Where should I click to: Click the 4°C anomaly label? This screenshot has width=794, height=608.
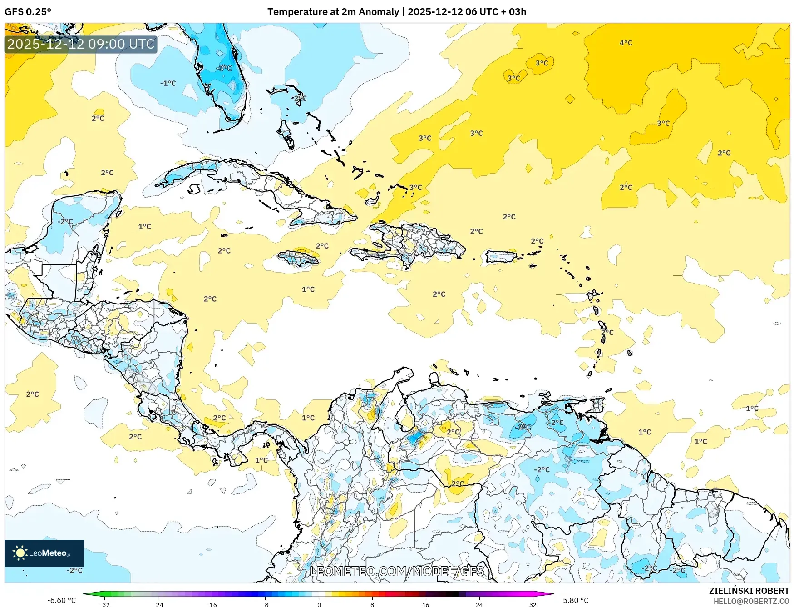coord(626,43)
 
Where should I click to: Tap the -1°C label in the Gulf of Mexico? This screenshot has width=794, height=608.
coord(168,83)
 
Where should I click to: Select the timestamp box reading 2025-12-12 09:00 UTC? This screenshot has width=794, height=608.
coord(81,44)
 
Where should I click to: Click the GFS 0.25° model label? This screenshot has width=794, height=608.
coord(28,12)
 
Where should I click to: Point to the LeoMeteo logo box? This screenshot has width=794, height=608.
coord(44,553)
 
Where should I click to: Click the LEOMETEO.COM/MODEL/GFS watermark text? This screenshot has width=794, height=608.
coord(397,571)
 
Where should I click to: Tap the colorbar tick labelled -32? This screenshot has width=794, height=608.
coord(104,604)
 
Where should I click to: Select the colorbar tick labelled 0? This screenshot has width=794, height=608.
coord(319,604)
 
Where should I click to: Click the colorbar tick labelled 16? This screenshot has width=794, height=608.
coord(425,604)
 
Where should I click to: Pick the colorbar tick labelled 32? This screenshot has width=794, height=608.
coord(533,604)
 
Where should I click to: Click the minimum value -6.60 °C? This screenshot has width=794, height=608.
coord(62,600)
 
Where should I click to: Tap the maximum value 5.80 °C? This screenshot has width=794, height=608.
coord(575,600)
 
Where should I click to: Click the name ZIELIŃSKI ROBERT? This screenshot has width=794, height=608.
coord(749,591)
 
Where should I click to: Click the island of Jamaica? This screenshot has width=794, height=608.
coord(298,259)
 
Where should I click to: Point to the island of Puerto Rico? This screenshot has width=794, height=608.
coord(500,257)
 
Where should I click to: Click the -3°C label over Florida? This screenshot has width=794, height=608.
coord(224,68)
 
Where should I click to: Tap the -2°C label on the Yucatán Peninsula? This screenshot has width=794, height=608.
coord(65,221)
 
